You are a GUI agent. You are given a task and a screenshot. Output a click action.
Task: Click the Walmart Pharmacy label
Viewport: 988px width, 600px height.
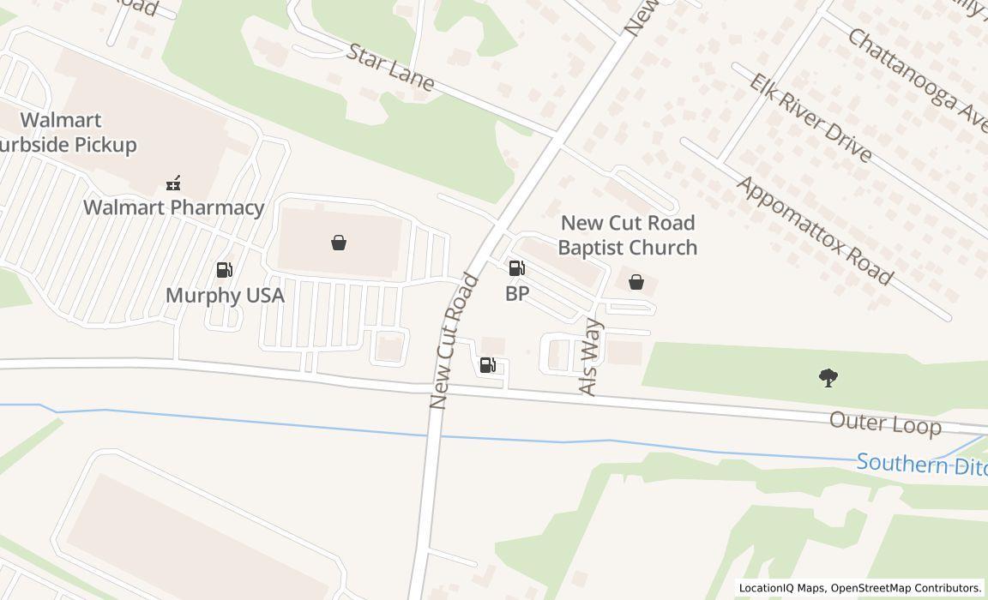point(173,207)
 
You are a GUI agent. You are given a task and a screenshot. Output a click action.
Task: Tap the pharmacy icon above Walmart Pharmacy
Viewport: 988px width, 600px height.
point(173,183)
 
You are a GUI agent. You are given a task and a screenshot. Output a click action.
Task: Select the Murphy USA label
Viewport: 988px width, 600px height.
point(225,295)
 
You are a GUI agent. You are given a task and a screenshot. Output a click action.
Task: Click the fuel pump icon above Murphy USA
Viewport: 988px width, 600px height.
point(225,271)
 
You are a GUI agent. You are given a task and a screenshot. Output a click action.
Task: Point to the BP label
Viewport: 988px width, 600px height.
point(517,293)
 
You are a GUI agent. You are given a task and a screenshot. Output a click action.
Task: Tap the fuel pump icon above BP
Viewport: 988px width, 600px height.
point(516,268)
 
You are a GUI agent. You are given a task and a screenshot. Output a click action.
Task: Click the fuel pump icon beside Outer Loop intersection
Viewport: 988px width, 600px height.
point(487,366)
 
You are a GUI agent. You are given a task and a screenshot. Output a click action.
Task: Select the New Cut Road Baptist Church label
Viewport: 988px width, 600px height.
point(628,235)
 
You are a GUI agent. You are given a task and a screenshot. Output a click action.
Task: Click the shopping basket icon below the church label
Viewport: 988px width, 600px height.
point(636,281)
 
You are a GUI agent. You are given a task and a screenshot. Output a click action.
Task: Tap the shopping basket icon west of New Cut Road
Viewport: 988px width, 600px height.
point(339,243)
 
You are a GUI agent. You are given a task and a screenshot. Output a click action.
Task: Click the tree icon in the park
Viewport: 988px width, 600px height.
point(828,377)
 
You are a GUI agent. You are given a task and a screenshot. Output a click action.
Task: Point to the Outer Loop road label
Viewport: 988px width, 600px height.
point(885,423)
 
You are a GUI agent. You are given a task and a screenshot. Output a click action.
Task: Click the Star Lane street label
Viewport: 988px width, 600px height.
point(391,66)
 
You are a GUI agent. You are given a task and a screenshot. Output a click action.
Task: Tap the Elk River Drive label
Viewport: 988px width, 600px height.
point(810,117)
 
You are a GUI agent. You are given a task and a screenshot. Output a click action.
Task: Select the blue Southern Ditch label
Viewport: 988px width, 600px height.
point(921,465)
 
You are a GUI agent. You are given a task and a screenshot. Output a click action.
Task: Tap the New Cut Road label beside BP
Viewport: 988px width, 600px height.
point(454,340)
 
